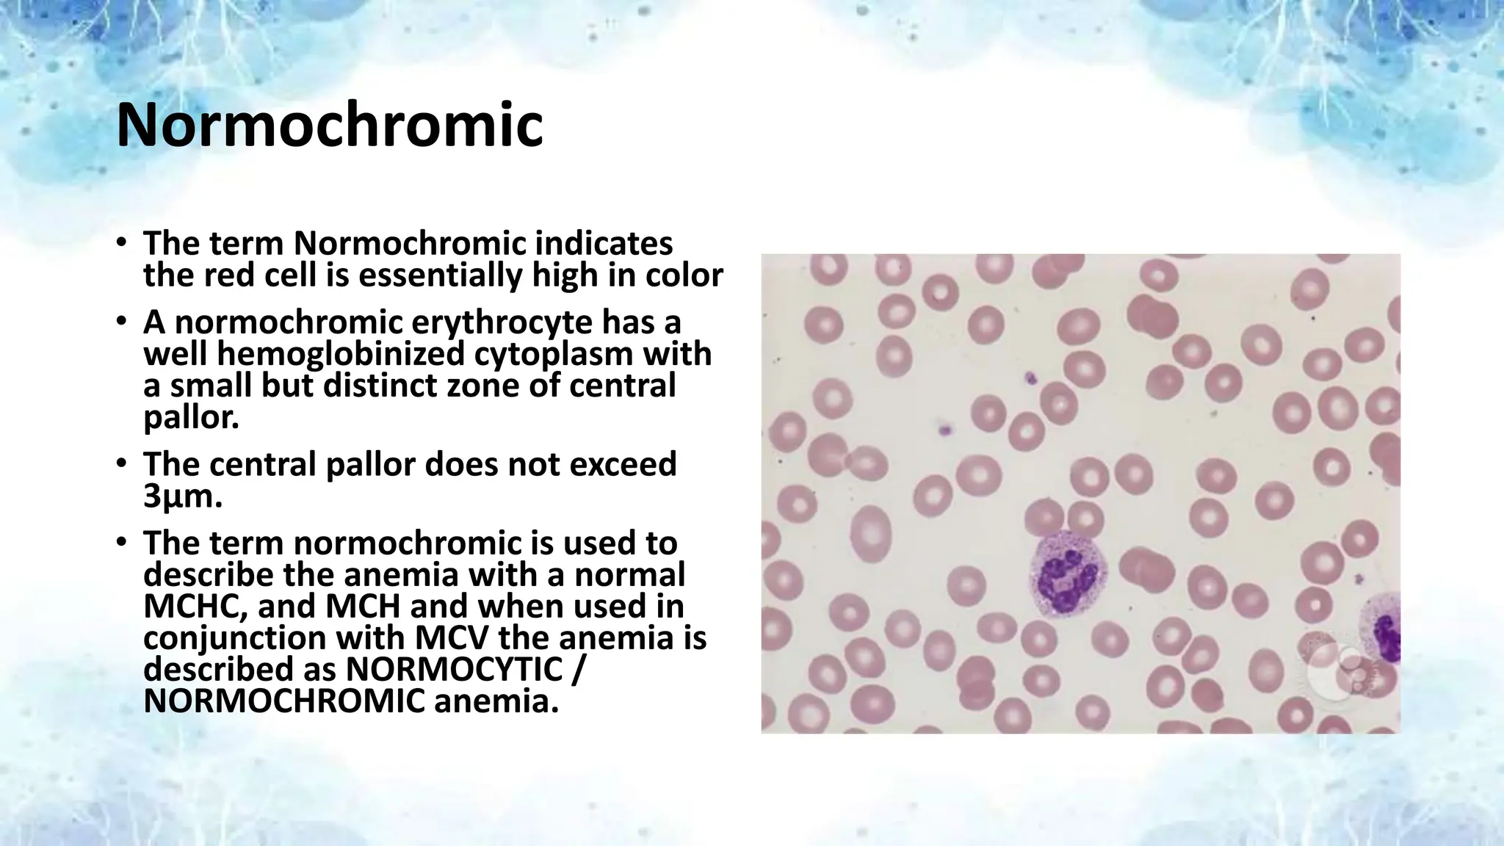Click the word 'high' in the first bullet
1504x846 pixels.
point(555,275)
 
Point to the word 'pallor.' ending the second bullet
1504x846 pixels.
point(191,417)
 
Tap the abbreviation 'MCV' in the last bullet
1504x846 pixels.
point(452,638)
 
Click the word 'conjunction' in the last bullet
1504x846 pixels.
point(234,638)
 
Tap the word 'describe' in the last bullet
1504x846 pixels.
point(210,575)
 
